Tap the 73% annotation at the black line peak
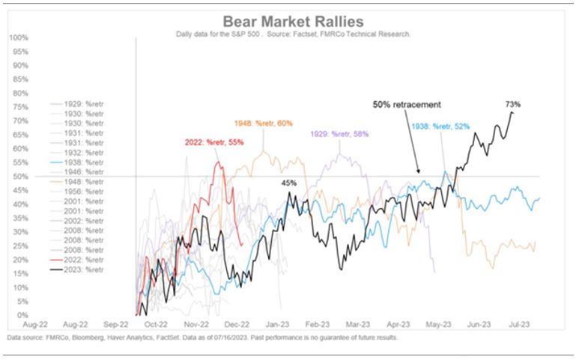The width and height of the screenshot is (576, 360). (512, 103)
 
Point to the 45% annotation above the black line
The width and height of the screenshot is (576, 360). (288, 182)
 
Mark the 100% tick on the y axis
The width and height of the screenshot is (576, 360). (19, 37)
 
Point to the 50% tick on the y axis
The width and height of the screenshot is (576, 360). (21, 177)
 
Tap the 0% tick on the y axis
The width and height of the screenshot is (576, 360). (22, 315)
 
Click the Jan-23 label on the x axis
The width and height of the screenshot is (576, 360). (277, 326)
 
